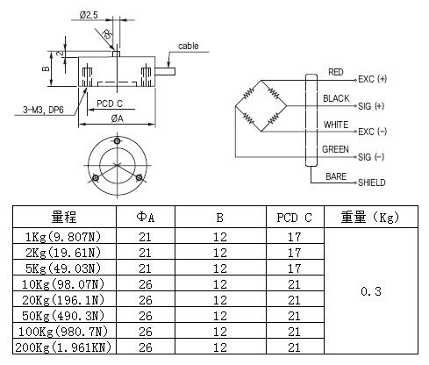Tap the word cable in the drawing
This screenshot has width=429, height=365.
pos(189,45)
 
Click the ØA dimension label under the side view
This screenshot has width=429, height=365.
pos(117,118)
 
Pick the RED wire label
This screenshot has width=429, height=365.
pos(335,71)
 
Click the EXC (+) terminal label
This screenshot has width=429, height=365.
pos(376,78)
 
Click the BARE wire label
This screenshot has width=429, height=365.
pos(336,175)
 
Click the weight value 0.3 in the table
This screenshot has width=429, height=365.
pos(369,290)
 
